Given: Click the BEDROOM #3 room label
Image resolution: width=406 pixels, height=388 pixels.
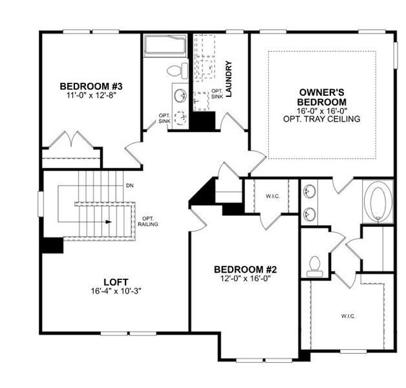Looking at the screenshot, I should [91, 86].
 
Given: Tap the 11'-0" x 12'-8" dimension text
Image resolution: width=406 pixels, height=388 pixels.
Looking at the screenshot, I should [91, 95].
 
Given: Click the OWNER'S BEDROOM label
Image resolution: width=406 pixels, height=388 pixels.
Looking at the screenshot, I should [321, 97].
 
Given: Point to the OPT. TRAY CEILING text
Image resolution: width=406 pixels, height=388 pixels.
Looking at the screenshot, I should [321, 119].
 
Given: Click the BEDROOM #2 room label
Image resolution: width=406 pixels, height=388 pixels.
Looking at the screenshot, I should [246, 269].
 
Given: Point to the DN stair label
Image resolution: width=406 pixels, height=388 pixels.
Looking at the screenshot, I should [130, 186].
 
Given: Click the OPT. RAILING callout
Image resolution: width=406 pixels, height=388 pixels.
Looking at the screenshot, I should [148, 221].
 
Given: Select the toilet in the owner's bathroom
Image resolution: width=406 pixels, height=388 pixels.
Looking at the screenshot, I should [315, 265].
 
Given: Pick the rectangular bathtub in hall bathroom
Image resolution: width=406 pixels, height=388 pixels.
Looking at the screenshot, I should [164, 45].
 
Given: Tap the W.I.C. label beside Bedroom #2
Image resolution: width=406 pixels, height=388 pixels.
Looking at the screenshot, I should [272, 196].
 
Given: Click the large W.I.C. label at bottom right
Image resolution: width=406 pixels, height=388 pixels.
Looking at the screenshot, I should [347, 316].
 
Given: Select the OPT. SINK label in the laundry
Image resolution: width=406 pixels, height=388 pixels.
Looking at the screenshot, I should [217, 93].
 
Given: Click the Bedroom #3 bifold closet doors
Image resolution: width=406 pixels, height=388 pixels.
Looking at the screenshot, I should [69, 140].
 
